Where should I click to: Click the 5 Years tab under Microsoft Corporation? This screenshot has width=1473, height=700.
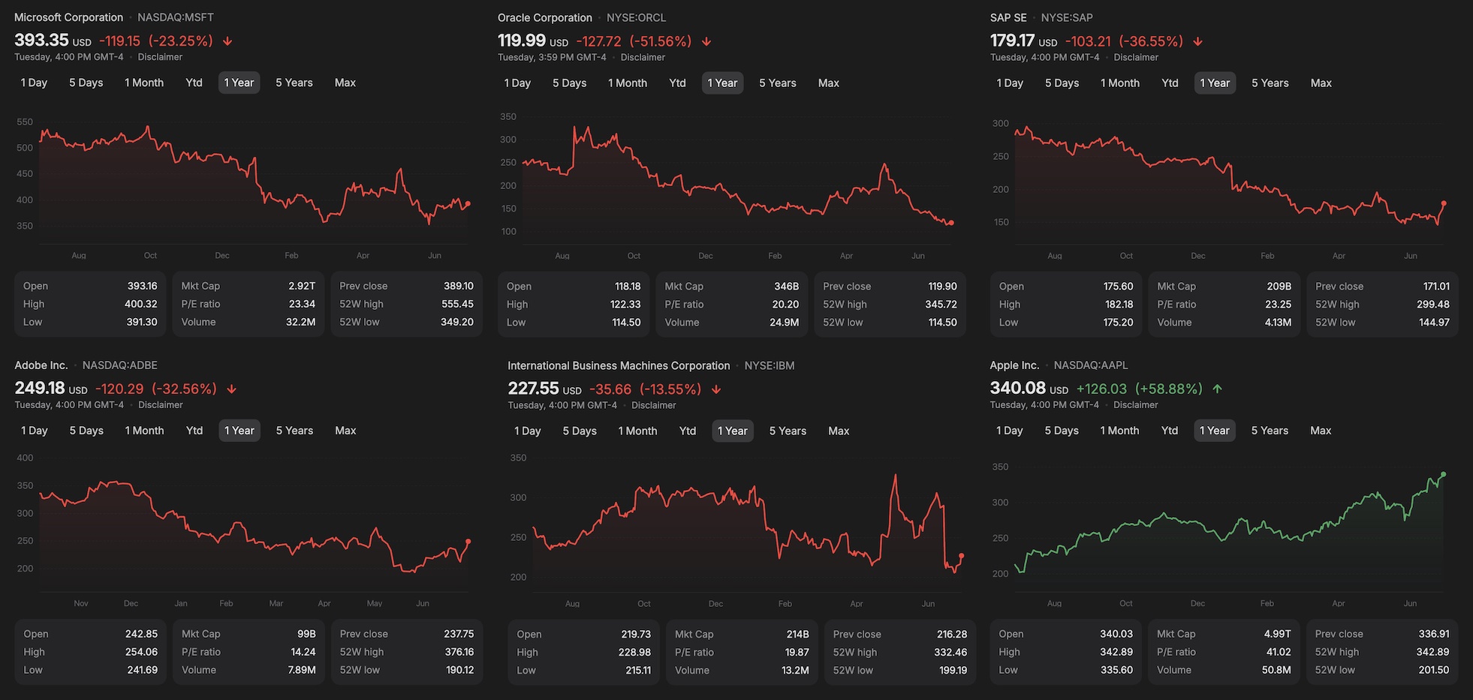point(294,83)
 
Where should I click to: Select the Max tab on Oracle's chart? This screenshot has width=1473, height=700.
point(828,83)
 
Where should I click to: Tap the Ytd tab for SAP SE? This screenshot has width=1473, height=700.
point(1170,83)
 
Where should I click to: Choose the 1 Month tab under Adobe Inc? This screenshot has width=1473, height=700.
point(144,431)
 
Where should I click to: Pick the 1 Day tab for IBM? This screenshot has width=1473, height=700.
point(527,431)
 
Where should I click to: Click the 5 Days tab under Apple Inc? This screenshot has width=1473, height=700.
point(1061,431)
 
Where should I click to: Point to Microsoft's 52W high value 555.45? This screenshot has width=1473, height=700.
point(457,304)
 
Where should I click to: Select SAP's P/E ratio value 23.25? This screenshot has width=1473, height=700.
point(1277,305)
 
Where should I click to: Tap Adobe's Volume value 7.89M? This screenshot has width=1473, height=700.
point(301,670)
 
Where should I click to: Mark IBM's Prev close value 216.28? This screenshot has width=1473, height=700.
point(951,634)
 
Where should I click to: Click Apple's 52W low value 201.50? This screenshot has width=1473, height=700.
point(1433,670)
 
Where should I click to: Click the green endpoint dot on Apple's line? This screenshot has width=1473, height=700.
point(1443,474)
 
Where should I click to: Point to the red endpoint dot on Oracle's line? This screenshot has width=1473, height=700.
point(951,223)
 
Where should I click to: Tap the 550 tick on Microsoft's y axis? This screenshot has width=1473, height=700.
point(25,122)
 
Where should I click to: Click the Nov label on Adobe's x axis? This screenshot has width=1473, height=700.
point(81,603)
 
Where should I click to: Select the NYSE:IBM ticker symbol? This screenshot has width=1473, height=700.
point(769,365)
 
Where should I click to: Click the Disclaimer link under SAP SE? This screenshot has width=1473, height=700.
point(1136,57)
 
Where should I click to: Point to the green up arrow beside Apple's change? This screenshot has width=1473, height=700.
point(1217,389)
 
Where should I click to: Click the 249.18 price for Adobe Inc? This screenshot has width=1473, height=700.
point(40,388)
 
